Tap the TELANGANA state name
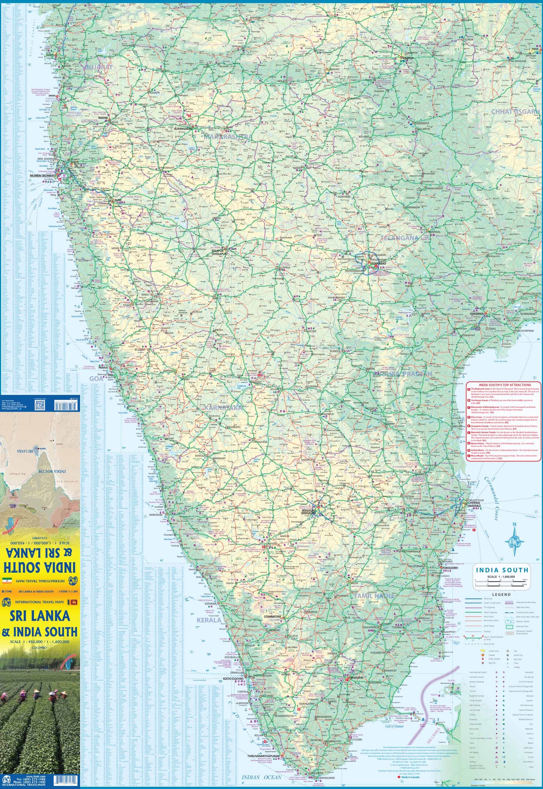[x=399, y=238]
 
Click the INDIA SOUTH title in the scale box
[x=502, y=570]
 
